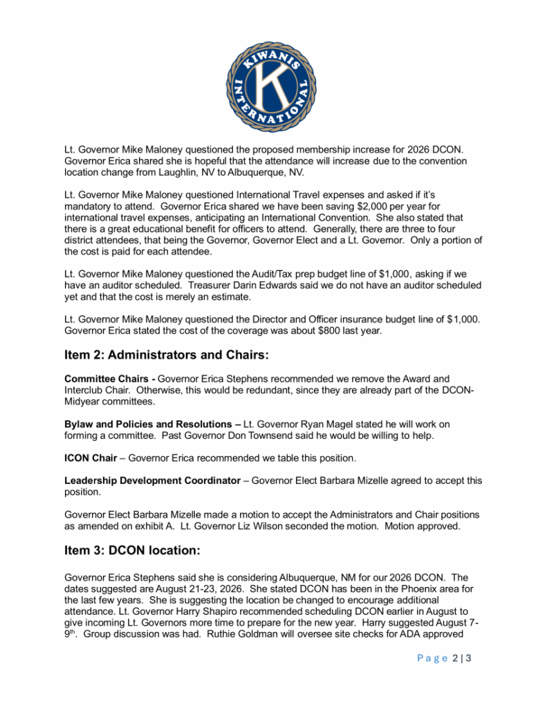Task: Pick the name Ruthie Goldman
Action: [x=285, y=635]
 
